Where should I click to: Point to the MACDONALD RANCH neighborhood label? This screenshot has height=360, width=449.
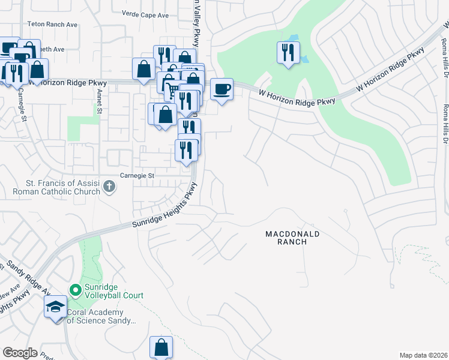293,237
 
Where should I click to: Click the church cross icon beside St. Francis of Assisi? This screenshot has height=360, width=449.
109,187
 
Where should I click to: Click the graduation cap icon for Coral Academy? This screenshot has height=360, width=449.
55,307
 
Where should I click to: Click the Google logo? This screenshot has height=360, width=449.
20,352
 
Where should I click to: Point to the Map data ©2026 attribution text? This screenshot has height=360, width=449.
423,355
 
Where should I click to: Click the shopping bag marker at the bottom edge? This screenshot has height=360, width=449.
161,347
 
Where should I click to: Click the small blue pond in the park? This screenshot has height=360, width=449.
304,59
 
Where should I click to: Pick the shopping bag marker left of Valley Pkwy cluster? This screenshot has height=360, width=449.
144,69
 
